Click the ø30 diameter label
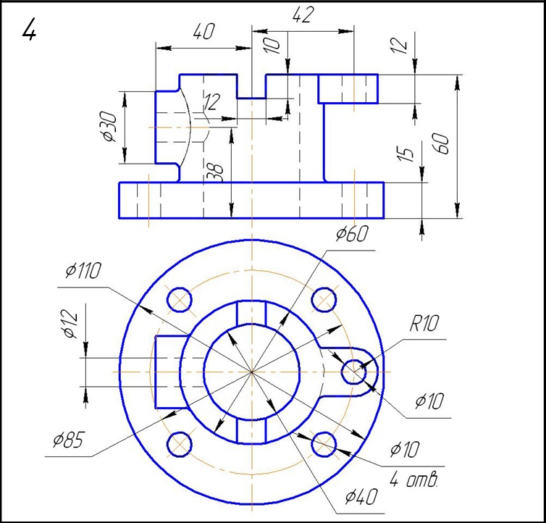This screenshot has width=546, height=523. (x=109, y=127)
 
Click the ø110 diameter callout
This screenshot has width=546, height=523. (x=82, y=271)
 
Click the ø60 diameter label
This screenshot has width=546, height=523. (x=352, y=234)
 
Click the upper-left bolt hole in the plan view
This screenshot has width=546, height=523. (x=179, y=298)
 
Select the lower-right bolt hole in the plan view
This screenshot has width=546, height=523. (x=324, y=444)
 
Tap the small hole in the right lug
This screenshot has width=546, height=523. (x=354, y=372)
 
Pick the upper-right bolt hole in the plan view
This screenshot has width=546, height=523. (x=324, y=298)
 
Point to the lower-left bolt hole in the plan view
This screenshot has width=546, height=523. (x=179, y=444)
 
